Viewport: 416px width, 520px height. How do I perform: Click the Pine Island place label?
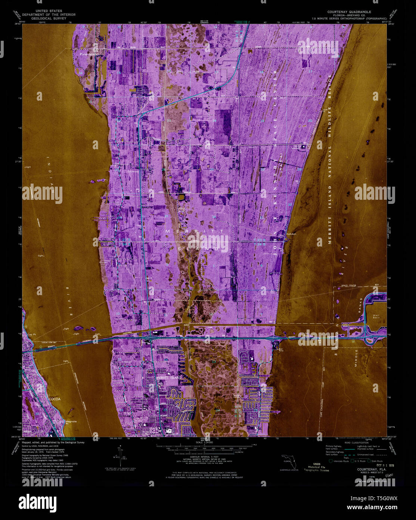click(89, 54)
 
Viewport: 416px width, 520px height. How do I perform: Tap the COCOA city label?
click(55, 399)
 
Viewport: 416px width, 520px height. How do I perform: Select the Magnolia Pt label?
click(71, 422)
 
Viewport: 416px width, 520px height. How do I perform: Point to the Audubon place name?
click(291, 234)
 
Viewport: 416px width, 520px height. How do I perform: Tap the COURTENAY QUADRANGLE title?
click(344, 12)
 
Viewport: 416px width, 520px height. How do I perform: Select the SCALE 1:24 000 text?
click(204, 442)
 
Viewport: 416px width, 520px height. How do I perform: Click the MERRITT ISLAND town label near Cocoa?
click(169, 378)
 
